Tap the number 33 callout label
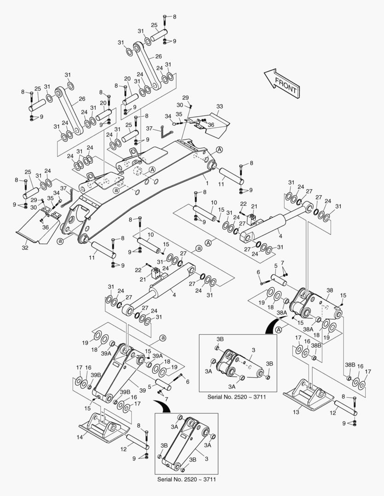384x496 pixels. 219,107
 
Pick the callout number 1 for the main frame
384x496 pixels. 207,183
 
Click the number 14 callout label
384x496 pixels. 80,438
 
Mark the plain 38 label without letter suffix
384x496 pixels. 330,291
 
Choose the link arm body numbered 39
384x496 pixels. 117,372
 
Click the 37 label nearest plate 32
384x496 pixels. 63,188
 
